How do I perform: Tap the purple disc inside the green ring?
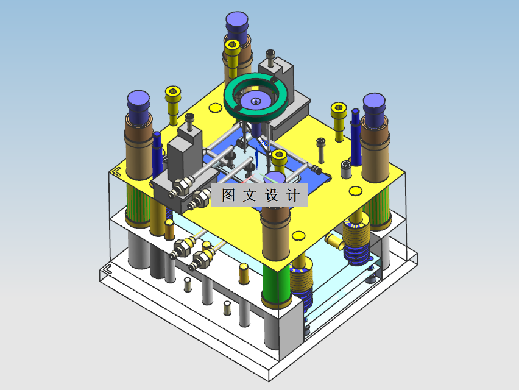255,101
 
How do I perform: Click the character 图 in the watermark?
228,195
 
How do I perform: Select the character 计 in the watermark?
293,195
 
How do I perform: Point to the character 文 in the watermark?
250,195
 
